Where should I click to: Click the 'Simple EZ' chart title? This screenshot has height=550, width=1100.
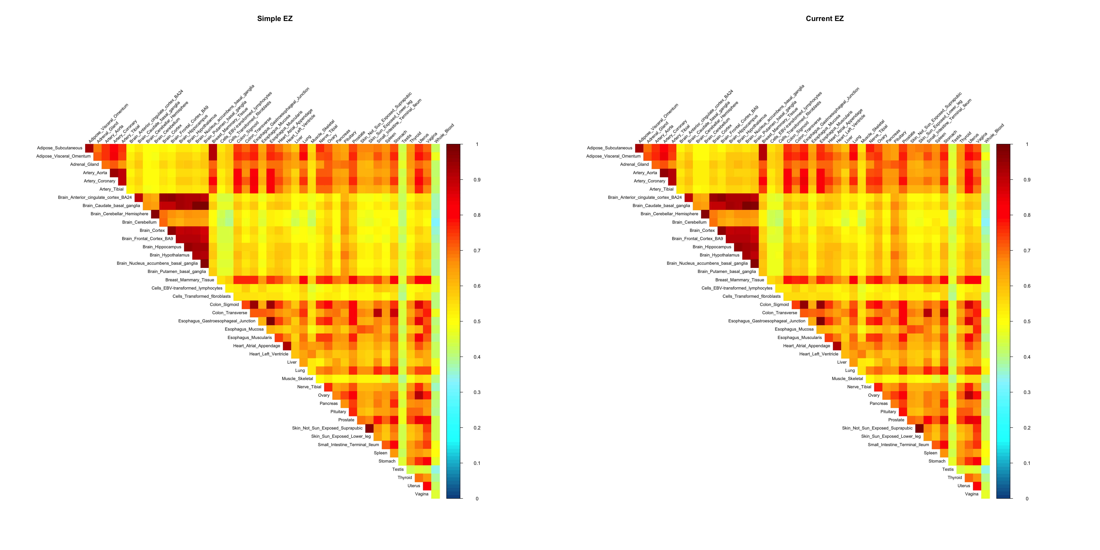(x=275, y=18)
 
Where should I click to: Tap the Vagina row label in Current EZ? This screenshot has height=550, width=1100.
(x=971, y=494)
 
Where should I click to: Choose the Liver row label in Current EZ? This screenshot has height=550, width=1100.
(x=842, y=362)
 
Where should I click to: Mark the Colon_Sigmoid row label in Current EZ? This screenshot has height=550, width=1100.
(x=774, y=304)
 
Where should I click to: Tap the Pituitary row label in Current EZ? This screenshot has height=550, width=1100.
(x=888, y=412)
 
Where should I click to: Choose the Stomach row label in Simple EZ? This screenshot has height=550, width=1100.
(x=387, y=461)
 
